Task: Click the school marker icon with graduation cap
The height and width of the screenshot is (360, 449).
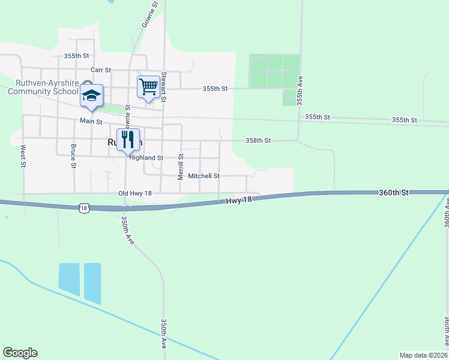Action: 92,96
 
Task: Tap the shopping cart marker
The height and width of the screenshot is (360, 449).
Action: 148,87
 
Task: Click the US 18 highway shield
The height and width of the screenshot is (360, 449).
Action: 83,208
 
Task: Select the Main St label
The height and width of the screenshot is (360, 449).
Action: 91,121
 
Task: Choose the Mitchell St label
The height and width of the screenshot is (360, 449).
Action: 204,176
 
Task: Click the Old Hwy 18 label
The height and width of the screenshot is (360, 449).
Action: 135,193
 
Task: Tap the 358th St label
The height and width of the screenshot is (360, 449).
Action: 258,140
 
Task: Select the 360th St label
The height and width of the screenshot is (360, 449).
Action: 393,193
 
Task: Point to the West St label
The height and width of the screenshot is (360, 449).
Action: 23,156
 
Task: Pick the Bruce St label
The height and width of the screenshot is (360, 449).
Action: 73,156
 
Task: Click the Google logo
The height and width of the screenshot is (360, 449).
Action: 20,353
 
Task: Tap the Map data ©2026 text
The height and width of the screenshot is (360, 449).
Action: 423,355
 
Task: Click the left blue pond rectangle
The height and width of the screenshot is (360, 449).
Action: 69,279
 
